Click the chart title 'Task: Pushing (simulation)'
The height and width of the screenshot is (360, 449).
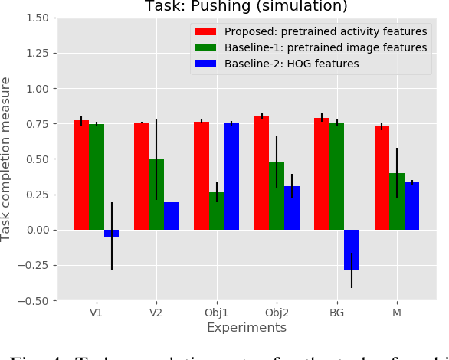pyautogui.click(x=247, y=7)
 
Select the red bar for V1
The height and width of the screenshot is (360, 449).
pyautogui.click(x=81, y=175)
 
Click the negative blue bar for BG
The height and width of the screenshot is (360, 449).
pyautogui.click(x=352, y=250)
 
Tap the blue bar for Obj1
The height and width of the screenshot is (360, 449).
pyautogui.click(x=231, y=177)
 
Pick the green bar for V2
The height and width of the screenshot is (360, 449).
pyautogui.click(x=156, y=195)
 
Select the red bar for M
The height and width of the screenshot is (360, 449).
pyautogui.click(x=382, y=178)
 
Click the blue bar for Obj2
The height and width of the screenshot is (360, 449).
pyautogui.click(x=292, y=208)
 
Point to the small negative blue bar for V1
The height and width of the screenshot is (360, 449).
pyautogui.click(x=111, y=233)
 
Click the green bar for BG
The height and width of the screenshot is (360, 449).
pyautogui.click(x=336, y=176)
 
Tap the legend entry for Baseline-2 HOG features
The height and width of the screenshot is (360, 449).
pyautogui.click(x=291, y=64)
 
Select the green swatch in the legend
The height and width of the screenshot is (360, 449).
pyautogui.click(x=205, y=48)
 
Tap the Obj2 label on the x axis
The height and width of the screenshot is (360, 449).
pyautogui.click(x=277, y=313)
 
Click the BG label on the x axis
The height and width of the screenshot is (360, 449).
pyautogui.click(x=336, y=313)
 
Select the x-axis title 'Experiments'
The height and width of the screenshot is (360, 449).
pyautogui.click(x=247, y=328)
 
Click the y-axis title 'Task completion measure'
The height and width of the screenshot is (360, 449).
pyautogui.click(x=8, y=159)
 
